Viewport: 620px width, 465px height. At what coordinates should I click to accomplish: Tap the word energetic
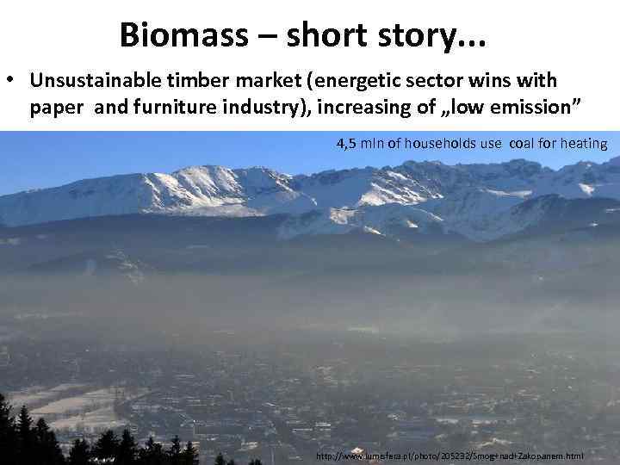pyautogui.click(x=363, y=81)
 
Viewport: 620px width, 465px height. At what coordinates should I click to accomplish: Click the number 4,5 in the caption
pyautogui.click(x=347, y=143)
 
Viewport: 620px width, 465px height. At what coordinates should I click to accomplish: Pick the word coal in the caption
pyautogui.click(x=526, y=143)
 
